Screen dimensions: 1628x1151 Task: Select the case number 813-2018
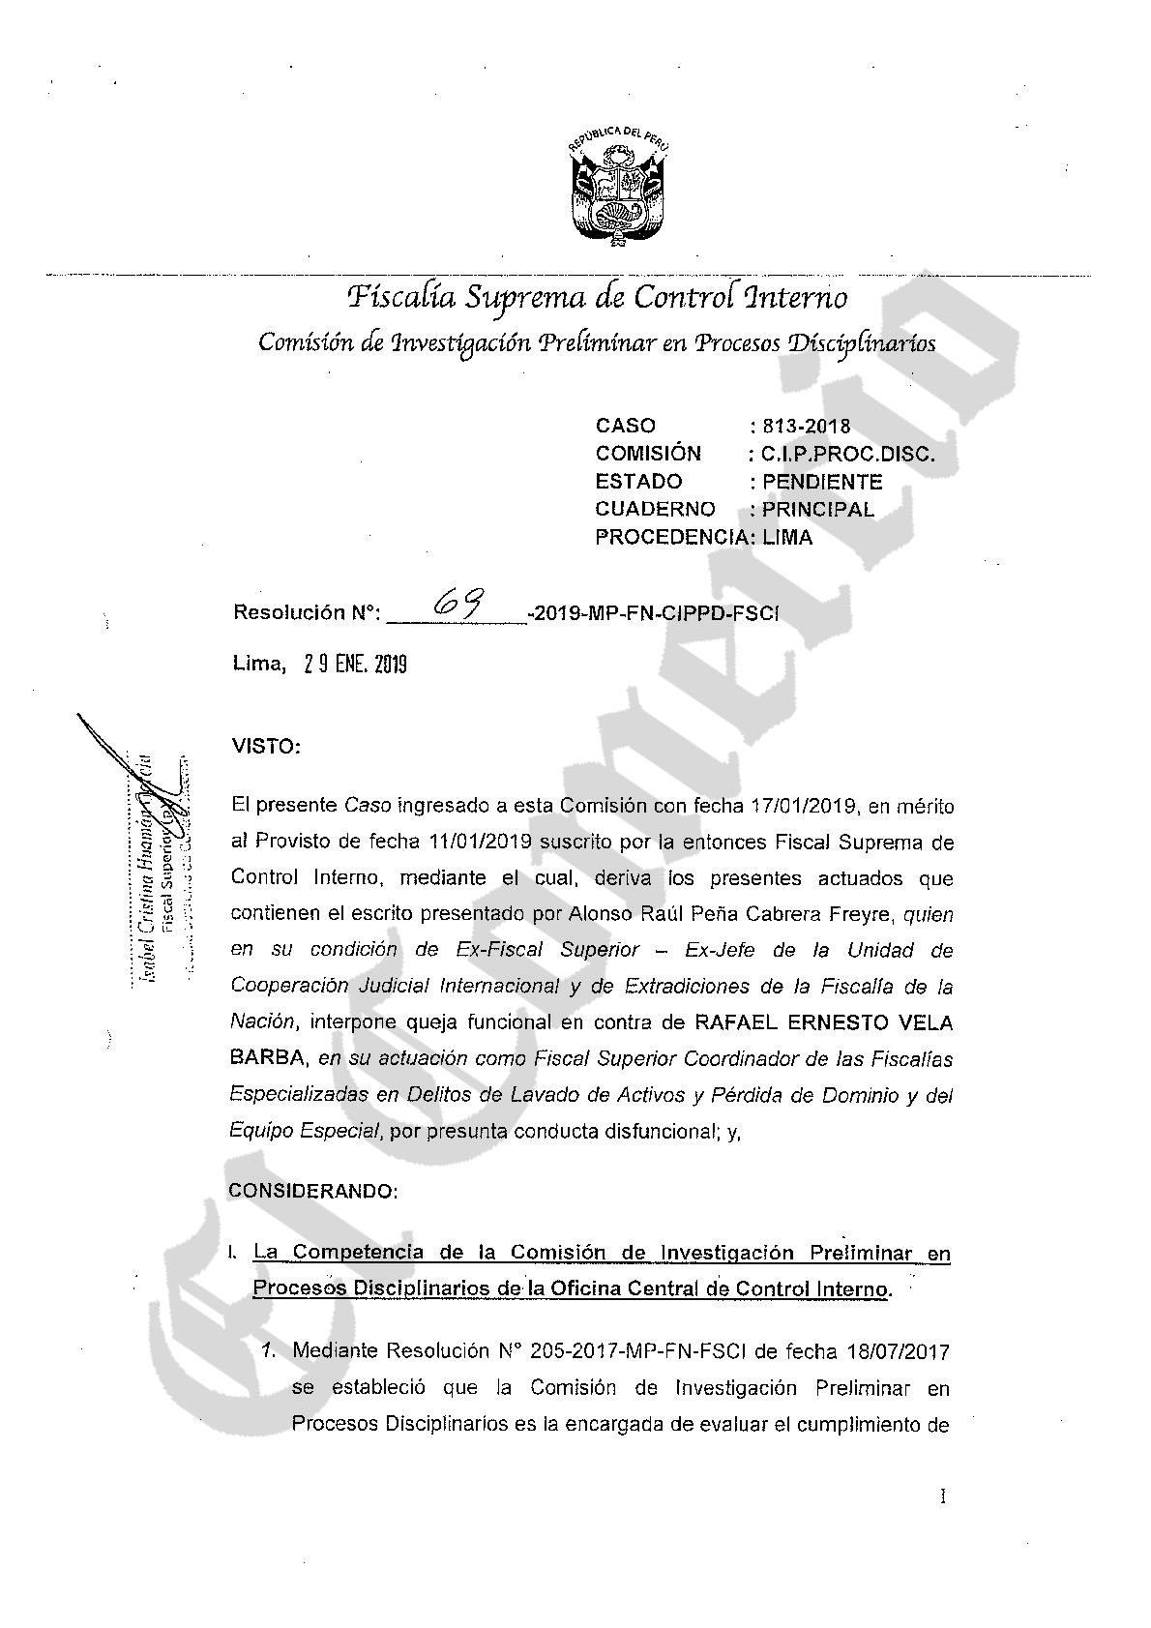tap(806, 426)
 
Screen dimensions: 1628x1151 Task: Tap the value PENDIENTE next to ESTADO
tap(821, 482)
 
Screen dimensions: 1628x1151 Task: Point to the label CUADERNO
tap(655, 509)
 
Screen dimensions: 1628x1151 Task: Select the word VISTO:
tap(266, 747)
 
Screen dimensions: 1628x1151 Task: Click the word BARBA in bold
tap(268, 1058)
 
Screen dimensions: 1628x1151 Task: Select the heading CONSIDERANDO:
tap(313, 1191)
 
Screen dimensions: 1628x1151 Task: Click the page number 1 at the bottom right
tap(943, 1497)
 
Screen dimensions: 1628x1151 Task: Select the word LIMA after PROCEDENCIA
tap(786, 537)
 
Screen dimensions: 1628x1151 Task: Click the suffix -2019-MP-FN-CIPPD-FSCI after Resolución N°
tap(654, 613)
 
